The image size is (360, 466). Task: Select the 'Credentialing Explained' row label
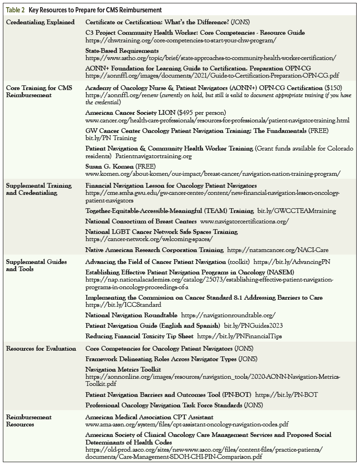40,22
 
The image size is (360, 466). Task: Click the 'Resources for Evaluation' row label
41,348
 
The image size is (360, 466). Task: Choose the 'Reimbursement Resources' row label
29,421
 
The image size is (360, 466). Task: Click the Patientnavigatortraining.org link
153,156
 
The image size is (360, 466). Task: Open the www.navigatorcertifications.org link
244,222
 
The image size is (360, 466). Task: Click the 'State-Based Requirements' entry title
122,51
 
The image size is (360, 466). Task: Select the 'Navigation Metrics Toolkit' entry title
123,369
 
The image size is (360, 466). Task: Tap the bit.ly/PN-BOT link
286,395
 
